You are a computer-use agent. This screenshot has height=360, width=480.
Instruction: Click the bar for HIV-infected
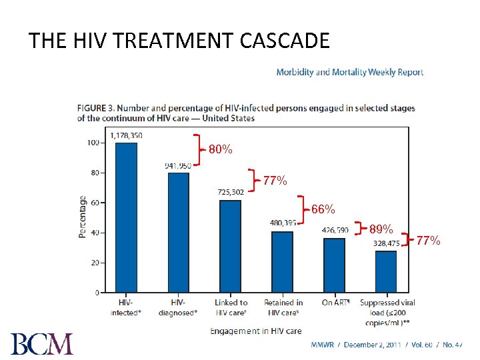126,217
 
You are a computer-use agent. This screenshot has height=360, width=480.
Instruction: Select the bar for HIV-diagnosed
178,232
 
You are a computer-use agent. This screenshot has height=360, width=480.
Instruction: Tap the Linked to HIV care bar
231,246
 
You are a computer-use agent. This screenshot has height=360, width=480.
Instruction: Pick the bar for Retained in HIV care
282,261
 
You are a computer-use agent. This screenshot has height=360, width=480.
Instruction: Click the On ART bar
335,265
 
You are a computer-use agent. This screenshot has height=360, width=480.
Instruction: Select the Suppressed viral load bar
386,271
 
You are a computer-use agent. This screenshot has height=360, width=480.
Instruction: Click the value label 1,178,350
126,135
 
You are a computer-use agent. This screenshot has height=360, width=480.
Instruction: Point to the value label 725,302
231,192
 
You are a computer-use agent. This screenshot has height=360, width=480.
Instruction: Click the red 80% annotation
220,150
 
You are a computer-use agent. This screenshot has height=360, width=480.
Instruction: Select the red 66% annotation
323,209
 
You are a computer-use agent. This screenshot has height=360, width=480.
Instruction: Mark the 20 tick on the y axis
95,263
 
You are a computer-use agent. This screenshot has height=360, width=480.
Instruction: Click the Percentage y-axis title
82,217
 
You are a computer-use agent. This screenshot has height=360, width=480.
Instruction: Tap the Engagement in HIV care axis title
255,331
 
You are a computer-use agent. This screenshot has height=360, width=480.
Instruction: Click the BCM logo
42,344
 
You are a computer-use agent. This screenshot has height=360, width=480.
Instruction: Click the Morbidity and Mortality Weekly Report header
349,72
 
